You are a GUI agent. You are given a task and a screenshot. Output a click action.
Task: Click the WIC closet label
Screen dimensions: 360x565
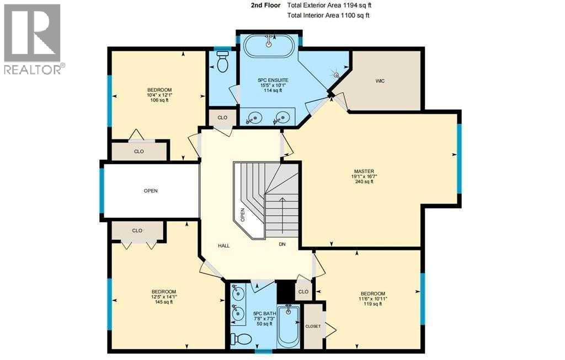[x=380, y=81]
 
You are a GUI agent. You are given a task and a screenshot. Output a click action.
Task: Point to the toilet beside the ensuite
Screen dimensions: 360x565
[x=223, y=62]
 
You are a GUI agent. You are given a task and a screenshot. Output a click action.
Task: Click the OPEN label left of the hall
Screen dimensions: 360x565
[x=151, y=191]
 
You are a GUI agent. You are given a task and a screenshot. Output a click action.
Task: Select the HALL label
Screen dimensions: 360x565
[x=223, y=245]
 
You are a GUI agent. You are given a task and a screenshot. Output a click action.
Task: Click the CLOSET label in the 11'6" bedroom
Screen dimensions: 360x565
[x=313, y=326]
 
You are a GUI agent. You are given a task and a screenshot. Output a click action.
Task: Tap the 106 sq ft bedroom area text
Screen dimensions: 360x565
[x=159, y=100]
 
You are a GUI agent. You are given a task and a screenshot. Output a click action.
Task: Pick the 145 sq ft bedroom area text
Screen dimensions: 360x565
[x=164, y=302]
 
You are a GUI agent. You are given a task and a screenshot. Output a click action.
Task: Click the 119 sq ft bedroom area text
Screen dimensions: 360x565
[x=373, y=304]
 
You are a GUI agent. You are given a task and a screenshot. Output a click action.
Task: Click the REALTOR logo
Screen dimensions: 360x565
[x=34, y=39]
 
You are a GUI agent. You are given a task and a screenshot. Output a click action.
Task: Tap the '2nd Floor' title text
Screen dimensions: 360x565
[x=265, y=5]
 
